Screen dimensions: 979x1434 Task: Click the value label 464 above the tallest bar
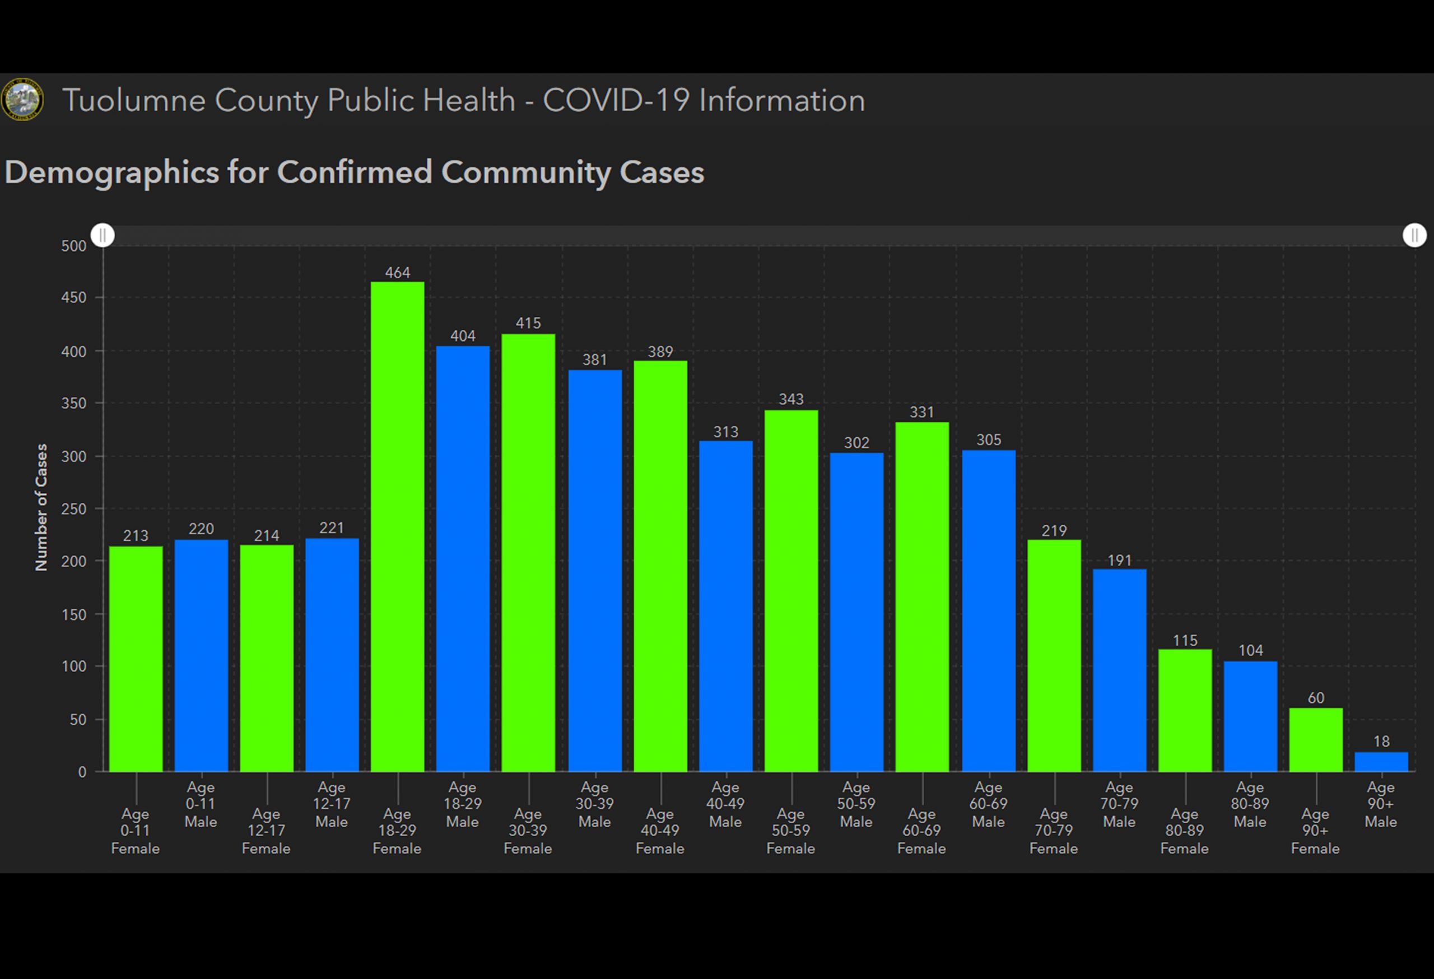coord(397,273)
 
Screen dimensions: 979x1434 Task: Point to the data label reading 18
coord(1381,742)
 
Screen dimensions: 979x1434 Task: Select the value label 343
coord(791,399)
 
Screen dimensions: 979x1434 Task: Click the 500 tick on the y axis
coord(74,246)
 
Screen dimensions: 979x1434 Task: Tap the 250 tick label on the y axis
coord(74,510)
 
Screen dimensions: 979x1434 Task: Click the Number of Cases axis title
coord(41,507)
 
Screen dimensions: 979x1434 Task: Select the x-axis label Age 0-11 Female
coord(135,831)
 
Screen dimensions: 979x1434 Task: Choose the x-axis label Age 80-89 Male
coord(1250,804)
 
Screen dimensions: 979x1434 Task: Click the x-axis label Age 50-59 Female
coord(790,831)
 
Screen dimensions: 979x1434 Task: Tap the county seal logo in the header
coord(23,99)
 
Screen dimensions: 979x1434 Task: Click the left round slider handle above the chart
coord(103,235)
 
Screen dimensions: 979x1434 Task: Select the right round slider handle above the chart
coord(1414,235)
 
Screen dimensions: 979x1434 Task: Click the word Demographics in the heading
coord(111,172)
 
